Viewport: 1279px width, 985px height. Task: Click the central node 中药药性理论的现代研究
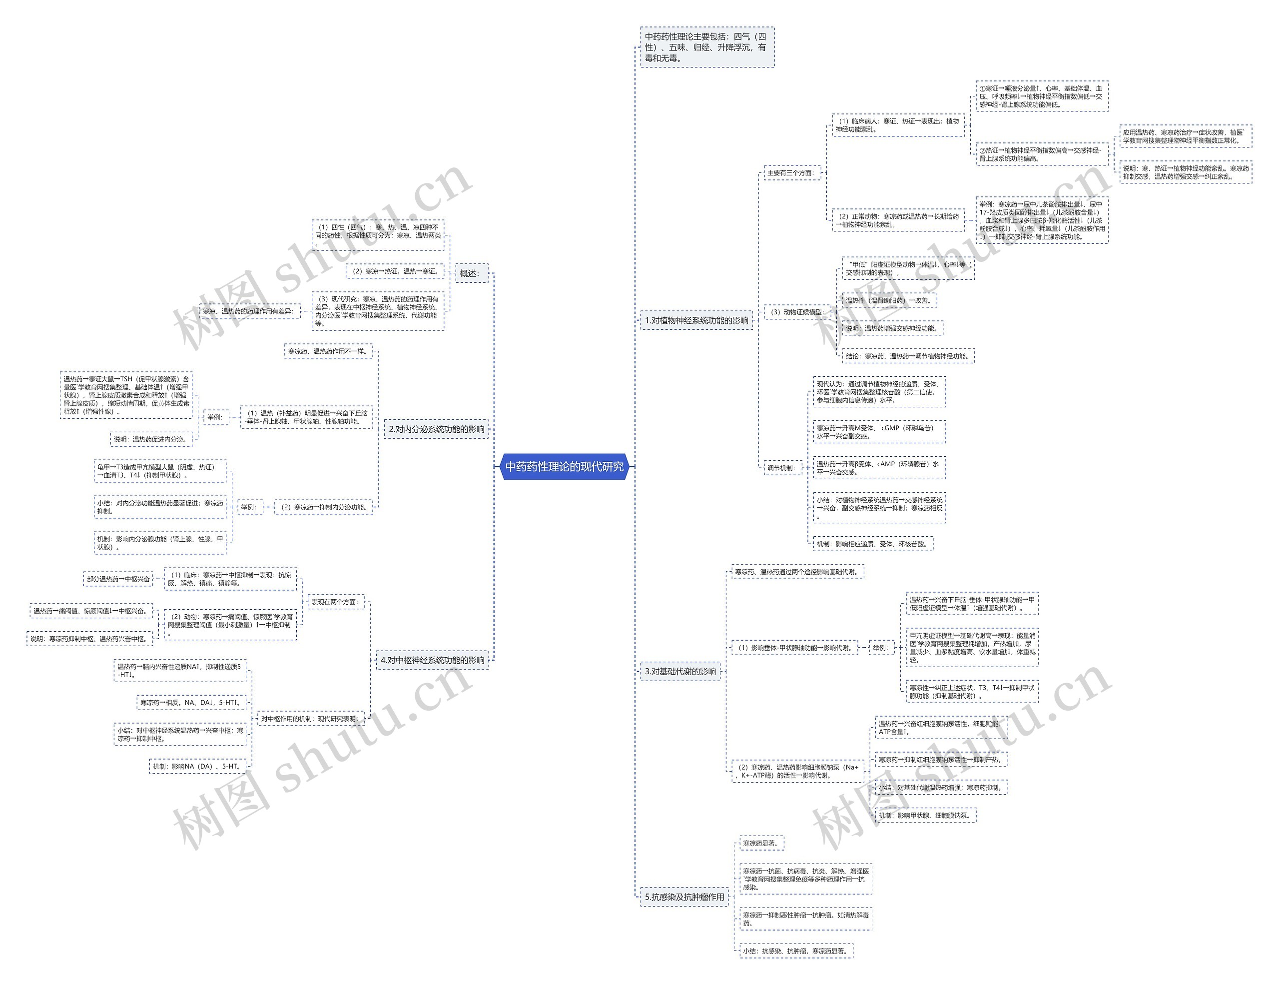[x=565, y=467]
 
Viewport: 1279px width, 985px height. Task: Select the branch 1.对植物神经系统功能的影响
[x=696, y=320]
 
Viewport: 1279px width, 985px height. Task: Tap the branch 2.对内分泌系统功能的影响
[x=436, y=429]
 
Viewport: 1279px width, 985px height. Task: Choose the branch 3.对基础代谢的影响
[x=680, y=671]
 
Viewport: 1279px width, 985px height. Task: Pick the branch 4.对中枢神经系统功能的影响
[x=432, y=660]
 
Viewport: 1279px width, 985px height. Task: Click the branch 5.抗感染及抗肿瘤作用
[x=684, y=897]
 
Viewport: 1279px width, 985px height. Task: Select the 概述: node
[x=471, y=273]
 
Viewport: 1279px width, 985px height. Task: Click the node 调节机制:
[x=781, y=468]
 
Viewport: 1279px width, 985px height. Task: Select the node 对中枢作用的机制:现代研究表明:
[x=310, y=719]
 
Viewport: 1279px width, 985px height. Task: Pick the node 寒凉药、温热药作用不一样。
[x=328, y=351]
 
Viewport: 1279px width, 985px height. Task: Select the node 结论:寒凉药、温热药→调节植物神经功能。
[x=908, y=356]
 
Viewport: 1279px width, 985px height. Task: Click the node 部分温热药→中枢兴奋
[x=118, y=579]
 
